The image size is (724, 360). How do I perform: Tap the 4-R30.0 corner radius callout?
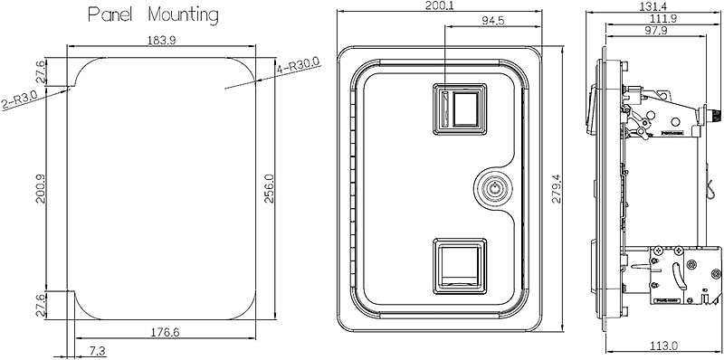click(299, 66)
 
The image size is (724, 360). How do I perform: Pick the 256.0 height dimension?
click(269, 188)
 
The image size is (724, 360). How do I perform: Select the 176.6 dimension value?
click(166, 332)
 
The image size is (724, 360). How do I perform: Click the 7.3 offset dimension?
click(96, 351)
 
